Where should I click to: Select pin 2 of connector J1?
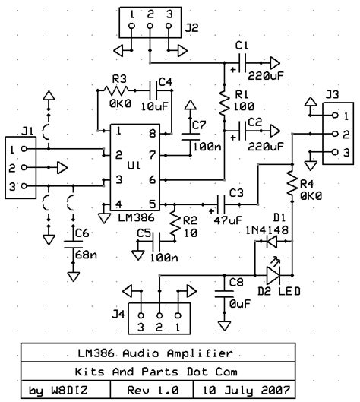[x=13, y=166]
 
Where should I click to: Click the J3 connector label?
[x=332, y=96]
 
